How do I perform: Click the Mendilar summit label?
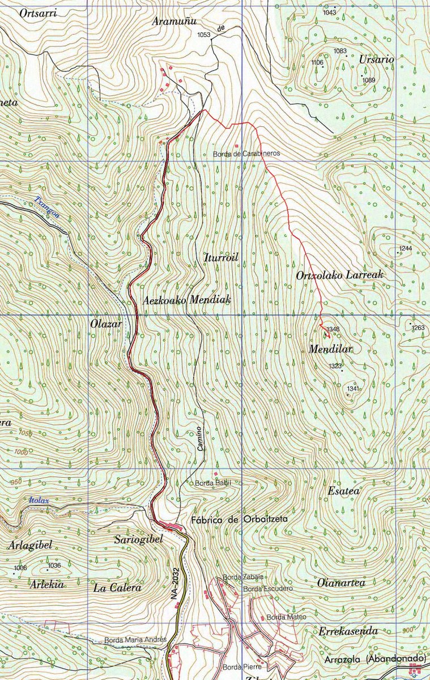pyautogui.click(x=330, y=350)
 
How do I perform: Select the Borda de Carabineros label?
pyautogui.click(x=246, y=154)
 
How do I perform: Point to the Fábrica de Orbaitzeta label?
pyautogui.click(x=240, y=519)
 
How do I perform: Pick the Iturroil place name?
pyautogui.click(x=220, y=258)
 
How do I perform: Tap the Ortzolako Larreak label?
pyautogui.click(x=340, y=275)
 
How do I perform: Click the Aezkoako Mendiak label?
pyautogui.click(x=187, y=300)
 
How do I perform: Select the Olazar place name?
pyautogui.click(x=106, y=324)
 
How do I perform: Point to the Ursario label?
pyautogui.click(x=377, y=59)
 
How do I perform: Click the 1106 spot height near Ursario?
pyautogui.click(x=317, y=62)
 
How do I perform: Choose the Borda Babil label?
pyautogui.click(x=211, y=483)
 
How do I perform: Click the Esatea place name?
pyautogui.click(x=344, y=491)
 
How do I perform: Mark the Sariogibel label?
pyautogui.click(x=138, y=539)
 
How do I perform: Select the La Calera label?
pyautogui.click(x=117, y=588)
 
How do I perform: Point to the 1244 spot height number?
pyautogui.click(x=405, y=249)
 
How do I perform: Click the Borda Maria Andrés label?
pyautogui.click(x=135, y=640)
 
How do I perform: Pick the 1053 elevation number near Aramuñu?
pyautogui.click(x=203, y=35)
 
